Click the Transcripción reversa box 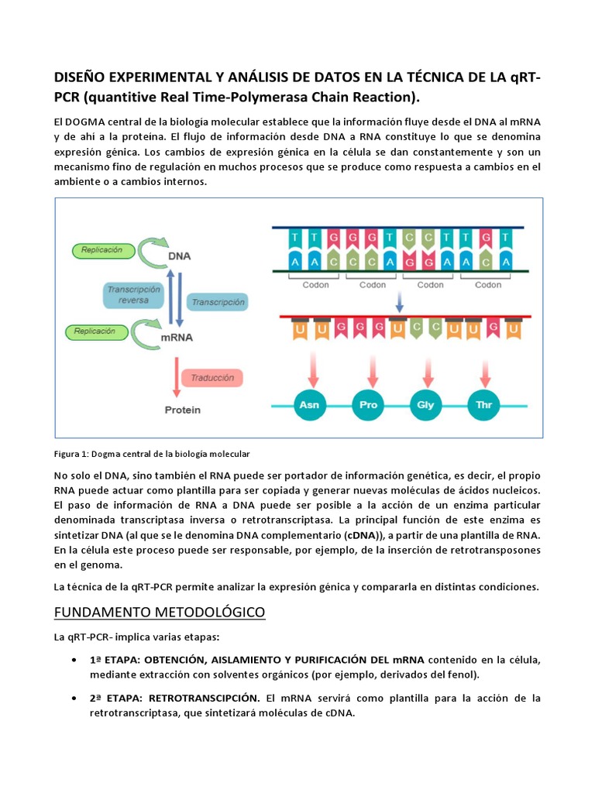pos(133,294)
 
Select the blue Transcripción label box pos(218,302)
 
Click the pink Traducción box pos(207,378)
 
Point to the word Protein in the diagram pos(182,410)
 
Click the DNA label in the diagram pos(180,256)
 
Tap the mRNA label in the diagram pos(177,338)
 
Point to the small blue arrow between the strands pos(399,299)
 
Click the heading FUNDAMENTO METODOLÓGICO pos(159,613)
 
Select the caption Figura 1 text pos(152,453)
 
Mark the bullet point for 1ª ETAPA pos(72,660)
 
